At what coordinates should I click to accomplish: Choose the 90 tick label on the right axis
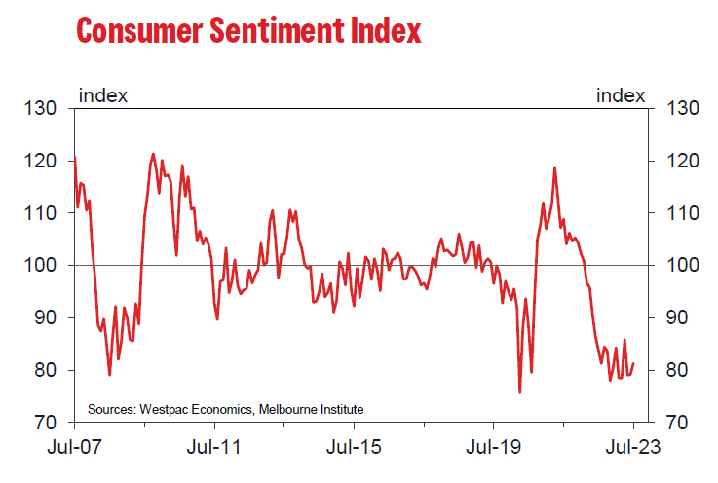coord(675,318)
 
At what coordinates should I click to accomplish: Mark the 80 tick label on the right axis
coord(675,371)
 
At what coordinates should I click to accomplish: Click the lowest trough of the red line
coord(519,392)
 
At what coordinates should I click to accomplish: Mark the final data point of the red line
coord(633,365)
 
